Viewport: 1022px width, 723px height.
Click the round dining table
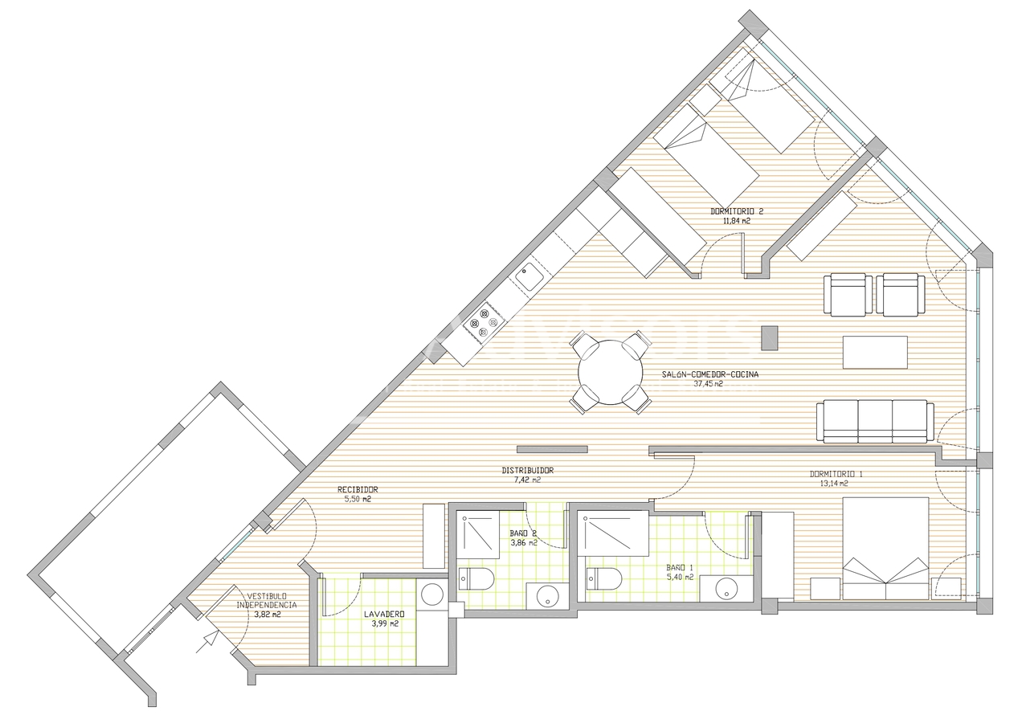[611, 372]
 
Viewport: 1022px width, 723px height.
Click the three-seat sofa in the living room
[875, 421]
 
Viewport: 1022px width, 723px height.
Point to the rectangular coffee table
[875, 352]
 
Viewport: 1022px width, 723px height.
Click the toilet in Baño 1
[603, 578]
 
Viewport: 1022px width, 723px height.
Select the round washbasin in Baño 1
[726, 588]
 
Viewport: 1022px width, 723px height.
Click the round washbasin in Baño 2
[548, 597]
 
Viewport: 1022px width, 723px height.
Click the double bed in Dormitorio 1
[885, 548]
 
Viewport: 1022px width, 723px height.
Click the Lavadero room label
[383, 615]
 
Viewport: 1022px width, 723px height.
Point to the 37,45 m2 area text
[708, 384]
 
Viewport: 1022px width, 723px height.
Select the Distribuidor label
[528, 471]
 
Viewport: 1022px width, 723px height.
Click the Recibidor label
[358, 489]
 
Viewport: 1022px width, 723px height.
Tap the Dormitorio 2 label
[736, 211]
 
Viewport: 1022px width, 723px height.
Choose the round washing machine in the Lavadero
[432, 594]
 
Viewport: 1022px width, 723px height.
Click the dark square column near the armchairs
[770, 337]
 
